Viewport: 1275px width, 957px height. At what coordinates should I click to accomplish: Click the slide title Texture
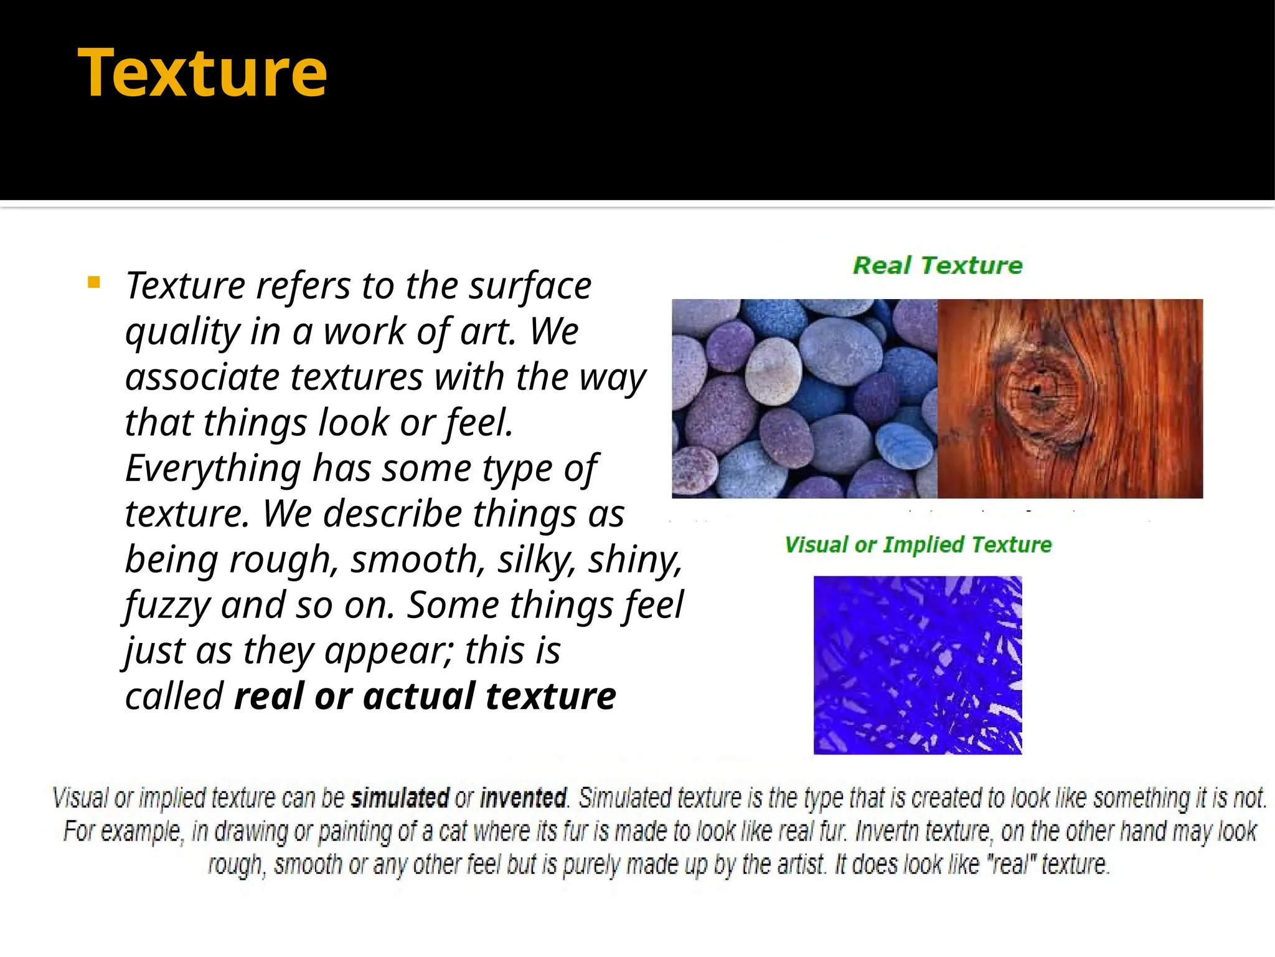[202, 74]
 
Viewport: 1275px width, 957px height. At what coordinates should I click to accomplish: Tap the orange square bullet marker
[94, 283]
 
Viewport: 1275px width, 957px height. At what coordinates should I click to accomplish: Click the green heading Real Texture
[937, 265]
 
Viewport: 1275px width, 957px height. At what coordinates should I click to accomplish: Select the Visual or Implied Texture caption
[918, 545]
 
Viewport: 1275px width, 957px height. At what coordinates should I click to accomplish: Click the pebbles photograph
[804, 399]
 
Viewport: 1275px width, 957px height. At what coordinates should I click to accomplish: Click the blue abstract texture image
[918, 665]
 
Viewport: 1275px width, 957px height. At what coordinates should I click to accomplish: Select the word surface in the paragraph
[530, 286]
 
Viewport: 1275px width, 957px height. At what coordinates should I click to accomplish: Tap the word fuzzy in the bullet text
[167, 606]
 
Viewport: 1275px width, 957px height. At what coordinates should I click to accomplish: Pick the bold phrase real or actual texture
[425, 696]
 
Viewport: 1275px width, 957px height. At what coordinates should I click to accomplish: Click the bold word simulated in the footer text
[400, 798]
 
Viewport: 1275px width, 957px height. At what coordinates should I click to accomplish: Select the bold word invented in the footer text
[523, 798]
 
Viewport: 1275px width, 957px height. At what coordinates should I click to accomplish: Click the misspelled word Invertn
[890, 832]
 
